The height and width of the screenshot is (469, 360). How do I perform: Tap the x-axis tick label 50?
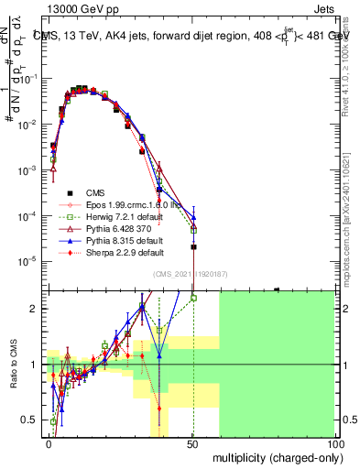[x=192, y=443]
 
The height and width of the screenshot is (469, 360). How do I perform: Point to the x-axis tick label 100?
[x=335, y=443]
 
